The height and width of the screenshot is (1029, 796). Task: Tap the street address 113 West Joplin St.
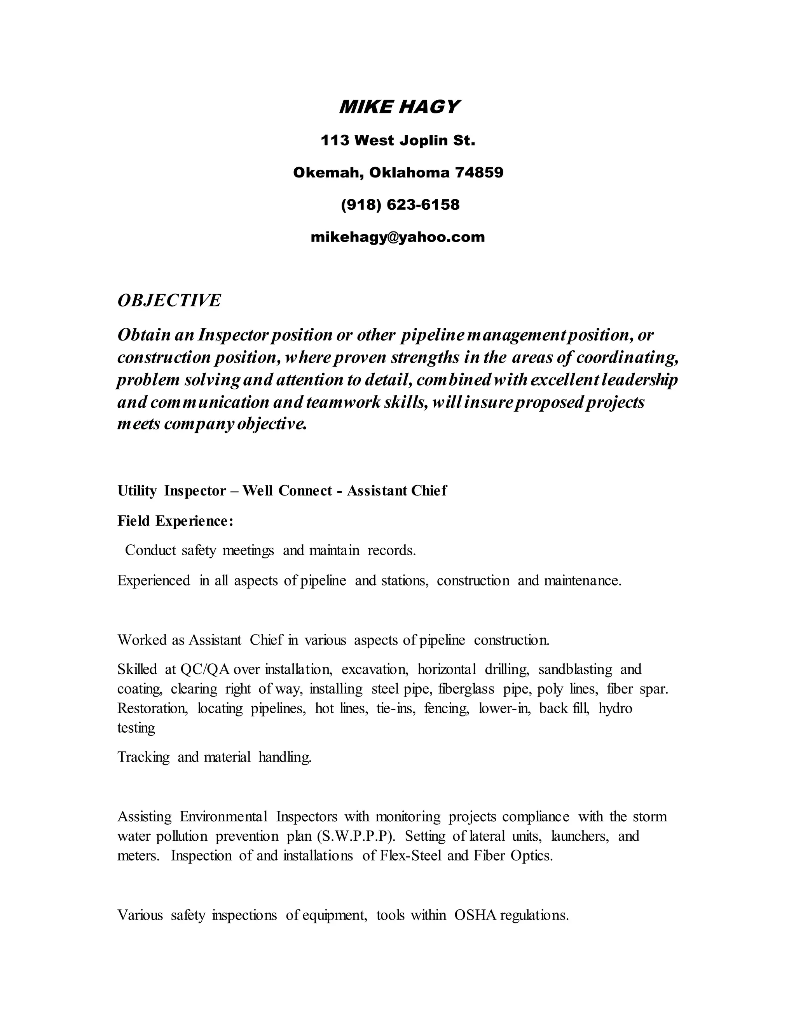tap(398, 141)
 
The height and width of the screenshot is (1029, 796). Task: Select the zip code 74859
tap(479, 172)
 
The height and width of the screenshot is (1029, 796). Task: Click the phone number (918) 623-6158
tap(400, 205)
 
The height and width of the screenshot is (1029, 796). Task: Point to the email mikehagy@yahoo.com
tap(398, 237)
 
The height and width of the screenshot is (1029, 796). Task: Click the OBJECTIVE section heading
tap(169, 301)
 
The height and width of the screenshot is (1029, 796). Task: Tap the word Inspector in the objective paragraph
tap(228, 335)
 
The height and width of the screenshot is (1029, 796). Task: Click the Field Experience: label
tap(175, 521)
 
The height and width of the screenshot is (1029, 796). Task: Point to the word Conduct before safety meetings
tap(150, 550)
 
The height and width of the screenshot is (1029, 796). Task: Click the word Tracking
tap(143, 757)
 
